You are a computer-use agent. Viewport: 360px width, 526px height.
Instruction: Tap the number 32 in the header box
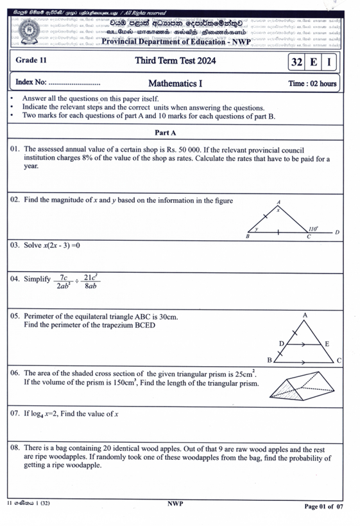pyautogui.click(x=296, y=62)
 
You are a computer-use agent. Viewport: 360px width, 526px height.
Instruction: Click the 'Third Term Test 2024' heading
pyautogui.click(x=175, y=62)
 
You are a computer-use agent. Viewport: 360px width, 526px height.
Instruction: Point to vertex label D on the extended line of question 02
pyautogui.click(x=337, y=232)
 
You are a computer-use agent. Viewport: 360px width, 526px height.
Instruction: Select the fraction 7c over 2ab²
pyautogui.click(x=64, y=282)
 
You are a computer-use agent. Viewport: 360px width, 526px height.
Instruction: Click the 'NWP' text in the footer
pyautogui.click(x=176, y=504)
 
